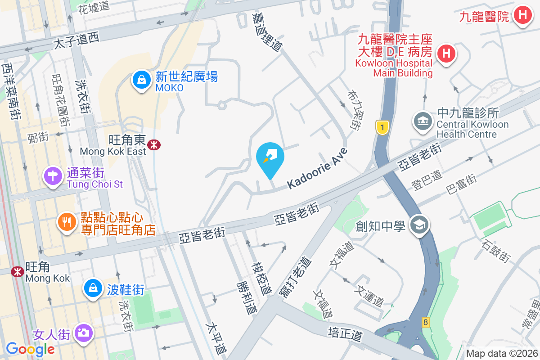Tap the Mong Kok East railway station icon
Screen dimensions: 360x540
click(154, 144)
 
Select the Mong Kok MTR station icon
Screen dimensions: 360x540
click(18, 271)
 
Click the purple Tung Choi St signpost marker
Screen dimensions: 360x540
click(53, 176)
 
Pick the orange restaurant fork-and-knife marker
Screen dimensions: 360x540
click(67, 222)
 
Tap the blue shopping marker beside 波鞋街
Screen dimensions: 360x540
click(93, 287)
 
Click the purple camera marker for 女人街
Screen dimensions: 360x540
click(83, 333)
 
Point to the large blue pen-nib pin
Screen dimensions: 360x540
click(270, 158)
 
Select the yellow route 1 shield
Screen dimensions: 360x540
click(382, 127)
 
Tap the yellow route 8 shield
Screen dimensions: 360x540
click(425, 322)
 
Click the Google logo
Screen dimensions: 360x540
click(30, 349)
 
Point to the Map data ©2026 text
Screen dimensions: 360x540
click(501, 354)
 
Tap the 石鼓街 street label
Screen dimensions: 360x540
click(495, 252)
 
